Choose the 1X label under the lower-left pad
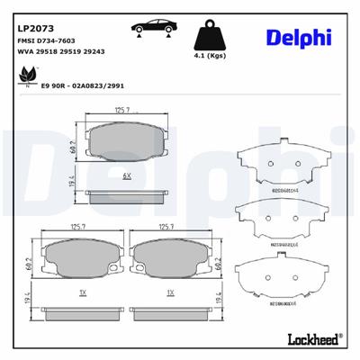[x=82, y=292]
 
